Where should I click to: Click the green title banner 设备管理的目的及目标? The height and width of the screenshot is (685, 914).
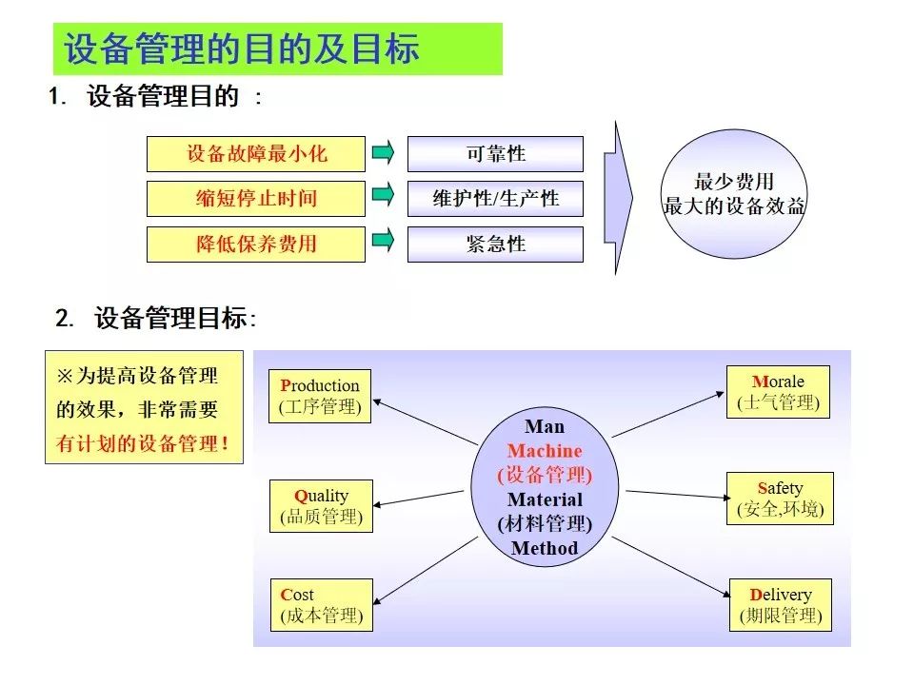[x=277, y=49]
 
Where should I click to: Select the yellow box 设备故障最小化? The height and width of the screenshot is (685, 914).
[x=256, y=154]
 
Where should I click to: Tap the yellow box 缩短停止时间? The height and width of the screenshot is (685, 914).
[x=256, y=199]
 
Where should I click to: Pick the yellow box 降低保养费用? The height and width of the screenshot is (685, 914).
[x=256, y=245]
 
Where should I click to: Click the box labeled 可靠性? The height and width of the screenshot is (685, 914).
[x=495, y=154]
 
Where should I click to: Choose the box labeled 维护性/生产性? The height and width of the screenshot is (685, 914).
[x=495, y=199]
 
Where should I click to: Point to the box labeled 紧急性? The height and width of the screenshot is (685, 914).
[x=495, y=245]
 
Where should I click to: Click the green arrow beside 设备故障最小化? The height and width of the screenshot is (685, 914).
[x=383, y=152]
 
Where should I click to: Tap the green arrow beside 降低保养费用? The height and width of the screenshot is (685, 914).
[x=383, y=240]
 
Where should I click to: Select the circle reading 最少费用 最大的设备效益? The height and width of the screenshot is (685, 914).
[x=734, y=194]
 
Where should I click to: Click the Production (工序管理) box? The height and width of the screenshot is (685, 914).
[x=320, y=396]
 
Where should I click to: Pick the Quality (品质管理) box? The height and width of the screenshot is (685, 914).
[x=321, y=506]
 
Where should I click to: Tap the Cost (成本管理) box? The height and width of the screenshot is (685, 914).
[x=322, y=605]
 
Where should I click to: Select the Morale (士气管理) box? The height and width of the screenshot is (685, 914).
[x=778, y=392]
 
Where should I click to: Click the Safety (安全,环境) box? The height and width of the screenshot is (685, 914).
[x=780, y=499]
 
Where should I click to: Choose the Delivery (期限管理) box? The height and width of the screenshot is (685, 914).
[x=781, y=605]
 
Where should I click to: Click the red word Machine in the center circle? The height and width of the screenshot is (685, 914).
[x=545, y=451]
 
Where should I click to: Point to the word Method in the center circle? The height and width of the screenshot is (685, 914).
[x=545, y=548]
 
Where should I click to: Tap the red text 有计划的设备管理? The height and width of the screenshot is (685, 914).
[x=142, y=443]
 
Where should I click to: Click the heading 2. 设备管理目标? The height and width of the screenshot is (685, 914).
[x=155, y=318]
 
